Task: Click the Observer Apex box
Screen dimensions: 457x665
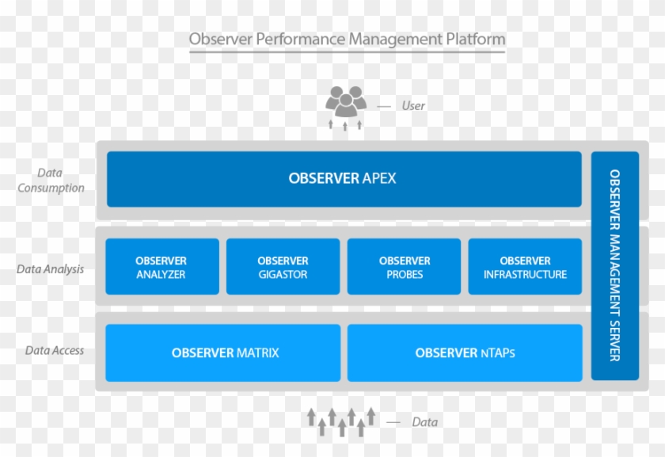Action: tap(344, 179)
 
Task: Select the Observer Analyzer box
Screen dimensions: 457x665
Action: tap(161, 267)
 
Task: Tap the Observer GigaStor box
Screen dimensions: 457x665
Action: tap(283, 267)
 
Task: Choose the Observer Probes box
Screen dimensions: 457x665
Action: tap(405, 267)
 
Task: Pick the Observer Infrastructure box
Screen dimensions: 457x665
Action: tap(526, 267)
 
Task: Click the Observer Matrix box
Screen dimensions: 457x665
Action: tap(223, 352)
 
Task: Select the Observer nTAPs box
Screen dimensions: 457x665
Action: tap(465, 352)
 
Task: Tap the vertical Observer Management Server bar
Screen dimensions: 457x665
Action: tap(614, 265)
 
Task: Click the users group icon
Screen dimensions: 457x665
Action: tap(346, 101)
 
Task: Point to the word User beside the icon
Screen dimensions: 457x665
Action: tap(413, 105)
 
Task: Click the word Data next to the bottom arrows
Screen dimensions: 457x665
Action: tap(424, 422)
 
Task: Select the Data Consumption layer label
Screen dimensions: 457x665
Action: tap(51, 181)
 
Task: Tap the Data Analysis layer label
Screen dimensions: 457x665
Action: tap(50, 269)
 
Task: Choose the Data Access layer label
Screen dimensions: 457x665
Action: tap(54, 350)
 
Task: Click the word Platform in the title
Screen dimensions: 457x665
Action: tap(476, 39)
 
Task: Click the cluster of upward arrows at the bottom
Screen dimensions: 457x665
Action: tap(341, 421)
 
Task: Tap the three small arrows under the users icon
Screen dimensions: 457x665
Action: tap(345, 124)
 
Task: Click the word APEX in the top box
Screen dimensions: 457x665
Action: tap(379, 179)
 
